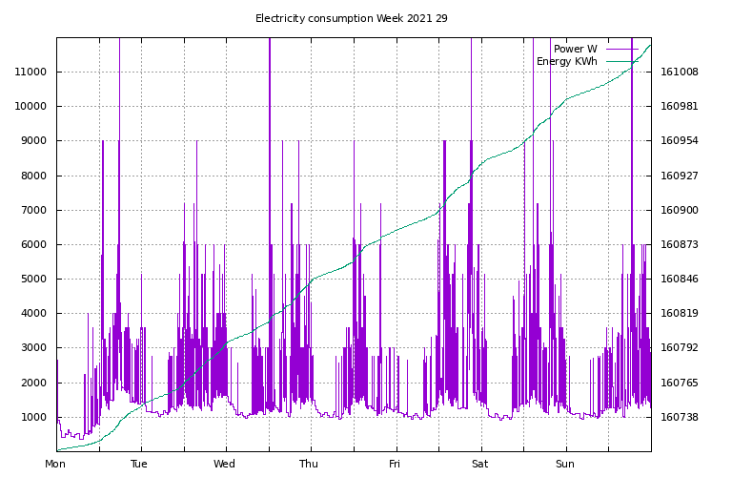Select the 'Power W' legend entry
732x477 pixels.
tap(575, 49)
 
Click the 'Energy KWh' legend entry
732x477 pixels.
tap(566, 62)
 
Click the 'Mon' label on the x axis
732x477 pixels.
tap(56, 465)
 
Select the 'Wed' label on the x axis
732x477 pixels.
tap(225, 465)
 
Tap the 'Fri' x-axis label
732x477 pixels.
tap(395, 465)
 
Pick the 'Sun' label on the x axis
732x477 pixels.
tap(565, 465)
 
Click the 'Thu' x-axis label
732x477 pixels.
tap(310, 465)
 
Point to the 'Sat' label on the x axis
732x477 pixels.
tap(479, 465)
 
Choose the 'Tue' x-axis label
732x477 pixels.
tap(140, 465)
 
